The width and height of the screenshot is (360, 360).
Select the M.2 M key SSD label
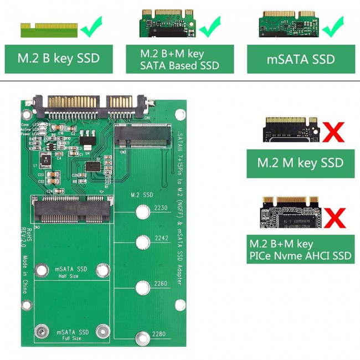pyautogui.click(x=300, y=163)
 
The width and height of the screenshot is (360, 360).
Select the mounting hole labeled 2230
pyautogui.click(x=143, y=213)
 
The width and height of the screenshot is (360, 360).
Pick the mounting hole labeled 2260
pyautogui.click(x=143, y=288)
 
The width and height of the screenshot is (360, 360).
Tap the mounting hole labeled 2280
pyautogui.click(x=143, y=336)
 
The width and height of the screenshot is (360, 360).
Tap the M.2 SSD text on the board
pyautogui.click(x=141, y=195)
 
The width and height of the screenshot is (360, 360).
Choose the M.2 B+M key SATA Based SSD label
pyautogui.click(x=180, y=59)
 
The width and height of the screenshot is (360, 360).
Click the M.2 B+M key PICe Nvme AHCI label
pyautogui.click(x=300, y=250)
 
